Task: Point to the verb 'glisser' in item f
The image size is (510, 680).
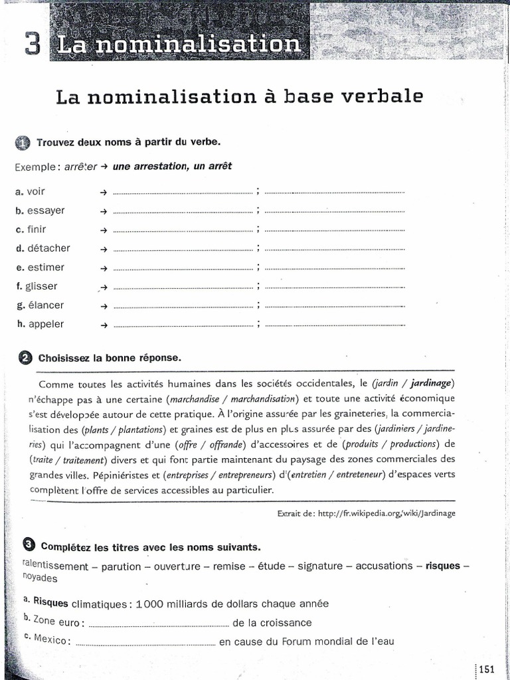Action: tap(42, 286)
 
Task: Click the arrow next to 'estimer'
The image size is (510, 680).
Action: tap(103, 268)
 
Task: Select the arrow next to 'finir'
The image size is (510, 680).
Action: tap(103, 230)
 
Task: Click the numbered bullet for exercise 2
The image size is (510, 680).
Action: tap(26, 358)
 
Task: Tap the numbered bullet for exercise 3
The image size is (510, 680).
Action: tap(29, 546)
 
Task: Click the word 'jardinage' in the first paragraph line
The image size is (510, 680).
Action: tap(432, 383)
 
